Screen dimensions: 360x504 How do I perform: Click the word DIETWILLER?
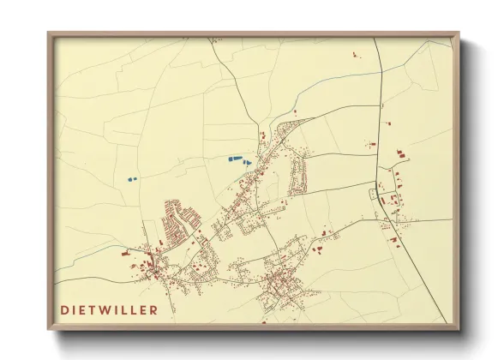pyautogui.click(x=110, y=308)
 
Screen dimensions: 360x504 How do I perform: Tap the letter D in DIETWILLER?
pyautogui.click(x=65, y=308)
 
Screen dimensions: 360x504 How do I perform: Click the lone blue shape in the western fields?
pyautogui.click(x=130, y=179)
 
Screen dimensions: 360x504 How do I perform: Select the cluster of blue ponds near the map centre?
pyautogui.click(x=237, y=159)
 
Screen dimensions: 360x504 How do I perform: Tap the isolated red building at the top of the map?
pyautogui.click(x=354, y=55)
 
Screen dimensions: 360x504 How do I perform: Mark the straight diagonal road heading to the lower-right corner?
pyautogui.click(x=420, y=274)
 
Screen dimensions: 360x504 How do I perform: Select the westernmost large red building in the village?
pyautogui.click(x=125, y=254)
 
